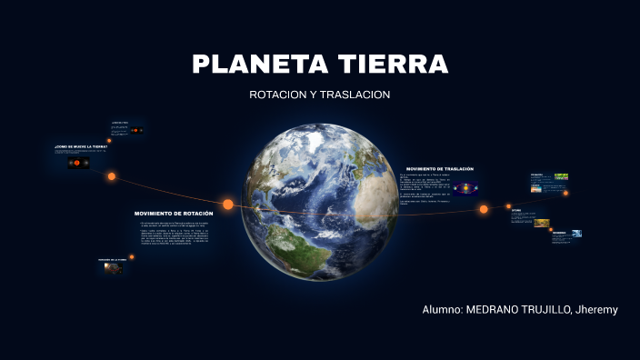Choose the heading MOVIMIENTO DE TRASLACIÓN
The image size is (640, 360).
[439, 168]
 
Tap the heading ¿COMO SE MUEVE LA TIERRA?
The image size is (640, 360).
[80, 145]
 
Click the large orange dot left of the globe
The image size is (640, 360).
[228, 204]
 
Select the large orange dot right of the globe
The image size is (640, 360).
[484, 209]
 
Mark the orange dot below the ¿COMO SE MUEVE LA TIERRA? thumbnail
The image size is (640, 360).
[112, 176]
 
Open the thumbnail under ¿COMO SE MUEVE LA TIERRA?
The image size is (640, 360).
[77, 163]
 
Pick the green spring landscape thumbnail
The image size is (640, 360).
[562, 177]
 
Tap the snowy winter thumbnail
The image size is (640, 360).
[575, 234]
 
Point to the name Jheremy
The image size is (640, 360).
[595, 310]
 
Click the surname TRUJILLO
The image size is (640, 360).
[544, 310]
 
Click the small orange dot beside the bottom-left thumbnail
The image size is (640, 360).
[132, 256]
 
